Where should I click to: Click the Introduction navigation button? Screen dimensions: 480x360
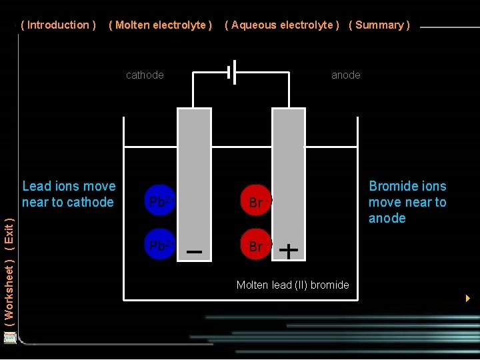tap(59, 25)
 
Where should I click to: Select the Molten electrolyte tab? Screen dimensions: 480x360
tap(160, 25)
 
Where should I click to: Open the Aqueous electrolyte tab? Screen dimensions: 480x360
tap(282, 25)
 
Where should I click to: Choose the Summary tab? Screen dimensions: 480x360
tap(379, 25)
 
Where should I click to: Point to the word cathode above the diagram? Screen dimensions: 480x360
tap(145, 75)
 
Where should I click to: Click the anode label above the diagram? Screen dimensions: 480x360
tap(346, 75)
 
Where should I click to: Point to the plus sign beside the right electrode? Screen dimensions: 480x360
tap(288, 251)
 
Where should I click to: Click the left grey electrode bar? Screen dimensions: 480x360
tap(194, 173)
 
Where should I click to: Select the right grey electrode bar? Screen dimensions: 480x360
tap(289, 173)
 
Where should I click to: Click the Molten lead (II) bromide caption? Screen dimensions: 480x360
tap(293, 285)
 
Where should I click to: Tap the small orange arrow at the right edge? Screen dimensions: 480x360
tap(468, 298)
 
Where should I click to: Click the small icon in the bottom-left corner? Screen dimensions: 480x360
tap(9, 337)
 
